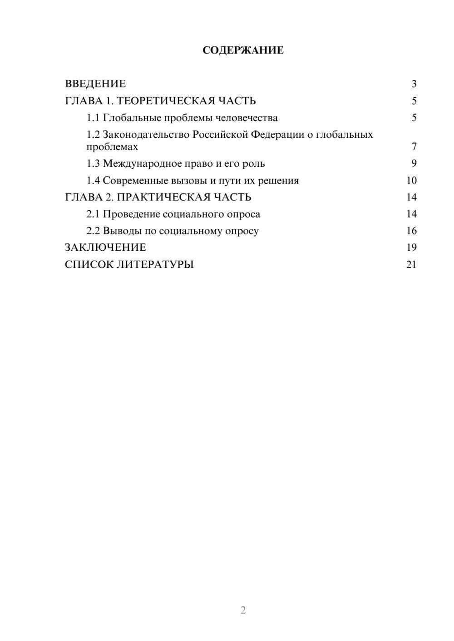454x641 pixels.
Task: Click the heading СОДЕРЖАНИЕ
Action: [243, 50]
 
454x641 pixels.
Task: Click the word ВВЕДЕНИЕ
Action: [95, 84]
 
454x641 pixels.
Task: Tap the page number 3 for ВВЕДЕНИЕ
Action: [414, 84]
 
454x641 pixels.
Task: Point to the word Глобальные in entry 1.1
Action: [132, 118]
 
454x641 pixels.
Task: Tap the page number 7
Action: [414, 147]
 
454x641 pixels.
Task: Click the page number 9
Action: [414, 164]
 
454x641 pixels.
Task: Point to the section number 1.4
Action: [93, 180]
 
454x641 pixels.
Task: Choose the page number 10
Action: [411, 180]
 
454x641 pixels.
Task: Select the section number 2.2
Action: [93, 231]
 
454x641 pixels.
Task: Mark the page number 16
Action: [411, 231]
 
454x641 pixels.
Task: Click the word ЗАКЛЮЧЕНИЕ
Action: [105, 248]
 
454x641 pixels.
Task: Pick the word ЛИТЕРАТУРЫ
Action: [155, 264]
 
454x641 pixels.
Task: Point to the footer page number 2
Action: [243, 610]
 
